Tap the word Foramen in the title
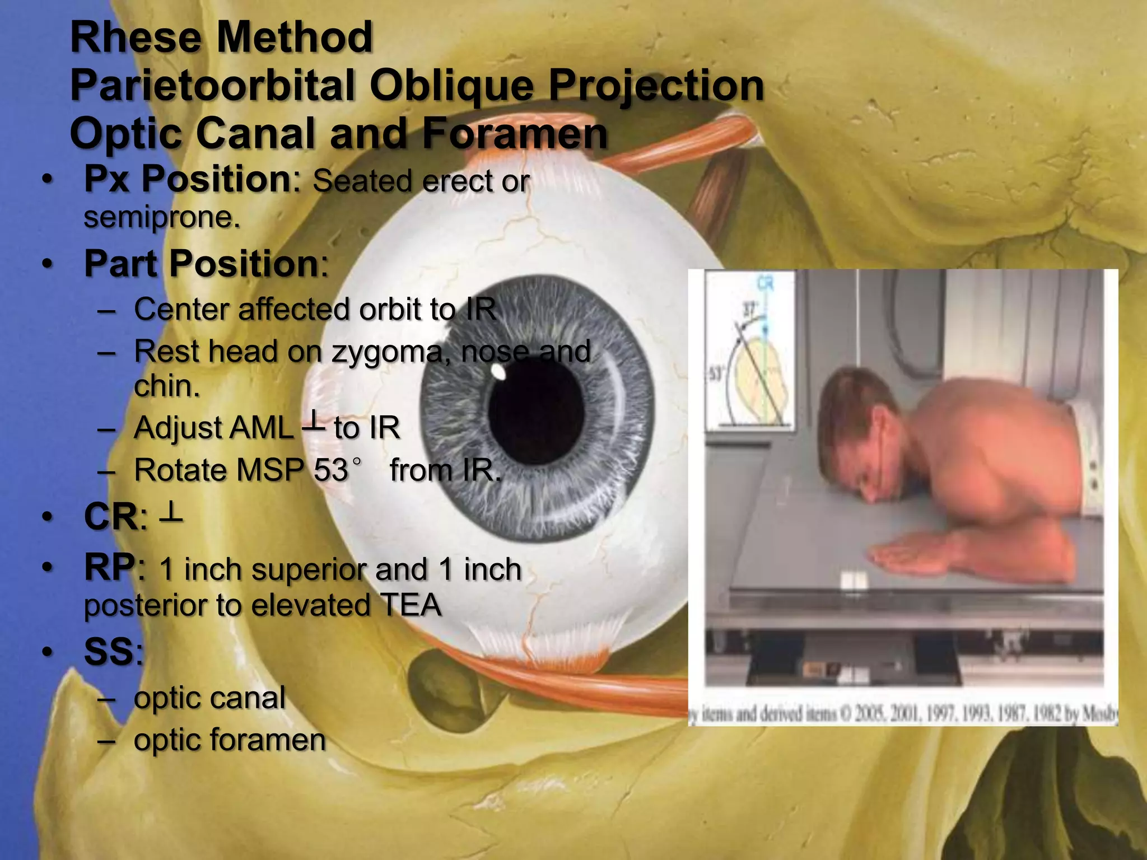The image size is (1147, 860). tap(514, 134)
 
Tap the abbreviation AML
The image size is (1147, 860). tap(213, 428)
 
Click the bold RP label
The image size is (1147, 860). tap(109, 568)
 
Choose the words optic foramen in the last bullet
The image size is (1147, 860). tap(230, 740)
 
